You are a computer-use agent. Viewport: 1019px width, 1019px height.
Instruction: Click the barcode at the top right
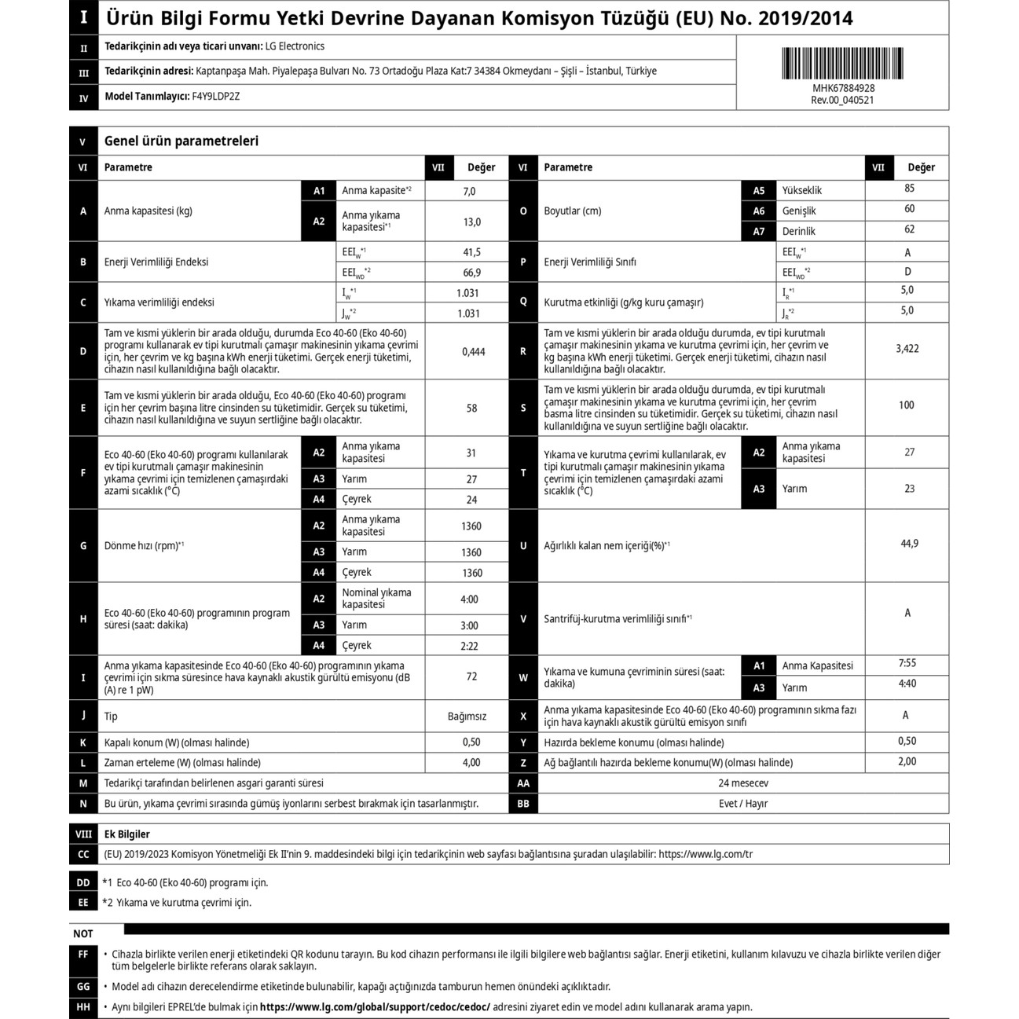[x=842, y=63]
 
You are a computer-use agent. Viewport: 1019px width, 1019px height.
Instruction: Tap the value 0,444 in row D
[x=473, y=352]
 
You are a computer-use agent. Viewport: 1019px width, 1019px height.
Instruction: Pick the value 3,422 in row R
[x=907, y=349]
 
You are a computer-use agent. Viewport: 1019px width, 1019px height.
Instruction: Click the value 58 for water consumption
[x=471, y=409]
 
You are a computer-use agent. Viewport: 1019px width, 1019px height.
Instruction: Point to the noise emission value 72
[x=471, y=676]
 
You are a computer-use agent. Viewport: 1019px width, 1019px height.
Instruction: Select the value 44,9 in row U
[x=909, y=544]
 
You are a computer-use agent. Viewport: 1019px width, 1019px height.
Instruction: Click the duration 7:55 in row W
[x=907, y=663]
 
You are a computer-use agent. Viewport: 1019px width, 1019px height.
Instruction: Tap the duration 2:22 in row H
[x=469, y=646]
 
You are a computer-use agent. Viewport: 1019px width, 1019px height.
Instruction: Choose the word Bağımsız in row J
[x=467, y=717]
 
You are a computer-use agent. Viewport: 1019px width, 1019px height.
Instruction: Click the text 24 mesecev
[x=742, y=783]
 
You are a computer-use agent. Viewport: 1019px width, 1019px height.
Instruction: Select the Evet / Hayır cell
[x=742, y=804]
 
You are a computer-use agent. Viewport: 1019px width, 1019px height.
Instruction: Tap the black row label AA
[x=523, y=783]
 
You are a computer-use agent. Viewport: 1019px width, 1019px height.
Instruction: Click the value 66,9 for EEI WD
[x=471, y=273]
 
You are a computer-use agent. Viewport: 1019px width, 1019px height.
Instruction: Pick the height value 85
[x=909, y=189]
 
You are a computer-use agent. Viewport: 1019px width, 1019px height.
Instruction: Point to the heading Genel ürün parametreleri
[x=181, y=141]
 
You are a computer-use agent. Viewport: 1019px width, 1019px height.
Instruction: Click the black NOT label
[x=83, y=934]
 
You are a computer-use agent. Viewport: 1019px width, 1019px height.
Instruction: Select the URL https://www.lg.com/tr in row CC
[x=705, y=854]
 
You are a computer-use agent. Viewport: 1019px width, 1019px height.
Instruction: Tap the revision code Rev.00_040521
[x=842, y=100]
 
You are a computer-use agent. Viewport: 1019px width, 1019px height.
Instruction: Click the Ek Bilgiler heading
[x=126, y=834]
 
